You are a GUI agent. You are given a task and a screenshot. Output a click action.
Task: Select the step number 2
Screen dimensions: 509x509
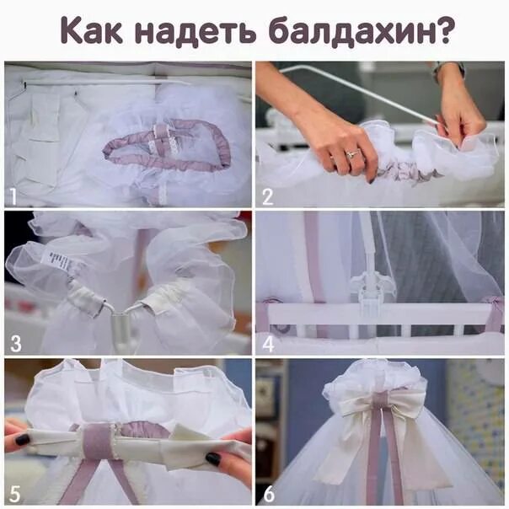point(268,197)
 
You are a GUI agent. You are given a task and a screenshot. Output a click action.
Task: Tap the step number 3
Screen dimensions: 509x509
point(15,344)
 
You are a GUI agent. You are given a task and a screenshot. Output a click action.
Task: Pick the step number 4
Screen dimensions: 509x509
point(268,344)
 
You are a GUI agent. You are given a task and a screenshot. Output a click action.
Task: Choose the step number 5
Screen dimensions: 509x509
point(14,492)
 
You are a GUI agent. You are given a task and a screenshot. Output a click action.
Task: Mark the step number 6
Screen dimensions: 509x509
point(268,492)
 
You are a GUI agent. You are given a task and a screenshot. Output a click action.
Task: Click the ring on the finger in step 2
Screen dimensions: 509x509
point(351,153)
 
